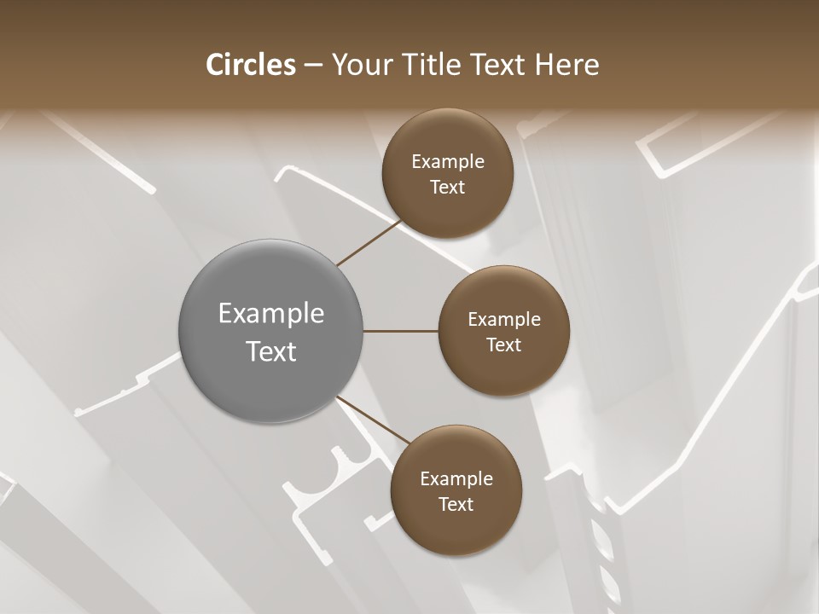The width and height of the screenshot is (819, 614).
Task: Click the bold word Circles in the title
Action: pos(250,65)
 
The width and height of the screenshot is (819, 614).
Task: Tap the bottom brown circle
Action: pos(456,529)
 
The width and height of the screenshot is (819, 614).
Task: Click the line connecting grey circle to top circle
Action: pos(369,243)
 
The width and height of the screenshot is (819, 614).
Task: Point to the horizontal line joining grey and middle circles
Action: pos(401,331)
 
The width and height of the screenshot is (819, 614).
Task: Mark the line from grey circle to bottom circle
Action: pos(372,422)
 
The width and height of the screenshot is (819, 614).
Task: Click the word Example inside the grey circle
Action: pos(271,314)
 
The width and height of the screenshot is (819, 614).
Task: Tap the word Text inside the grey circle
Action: pos(271,351)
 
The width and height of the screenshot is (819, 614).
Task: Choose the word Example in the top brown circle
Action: pos(448,162)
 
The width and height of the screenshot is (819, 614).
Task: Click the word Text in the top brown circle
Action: pos(448,188)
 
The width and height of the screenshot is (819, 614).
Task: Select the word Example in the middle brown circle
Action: pos(503,320)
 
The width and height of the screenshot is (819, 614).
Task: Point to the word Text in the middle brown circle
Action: pos(503,345)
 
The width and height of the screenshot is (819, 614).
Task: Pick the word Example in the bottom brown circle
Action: pos(456,479)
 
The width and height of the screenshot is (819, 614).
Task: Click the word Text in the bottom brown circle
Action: pos(456,505)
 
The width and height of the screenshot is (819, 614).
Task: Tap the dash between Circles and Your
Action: pos(312,66)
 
